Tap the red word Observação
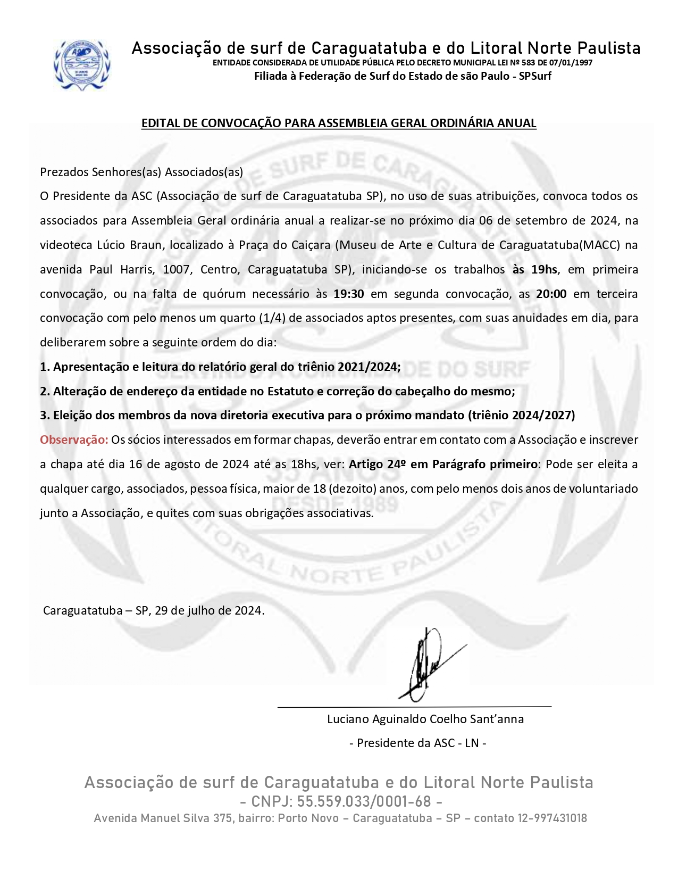[x=74, y=440]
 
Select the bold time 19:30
[x=348, y=294]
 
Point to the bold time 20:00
[x=551, y=294]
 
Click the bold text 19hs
[x=544, y=269]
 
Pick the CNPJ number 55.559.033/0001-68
[x=364, y=801]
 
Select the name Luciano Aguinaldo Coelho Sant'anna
[x=425, y=719]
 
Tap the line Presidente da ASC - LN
[x=417, y=743]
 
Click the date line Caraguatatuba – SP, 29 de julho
[x=154, y=610]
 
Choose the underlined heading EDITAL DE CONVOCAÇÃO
[x=339, y=123]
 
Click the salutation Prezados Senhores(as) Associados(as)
[x=141, y=172]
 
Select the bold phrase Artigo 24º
[x=378, y=464]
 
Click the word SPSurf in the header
[x=535, y=76]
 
